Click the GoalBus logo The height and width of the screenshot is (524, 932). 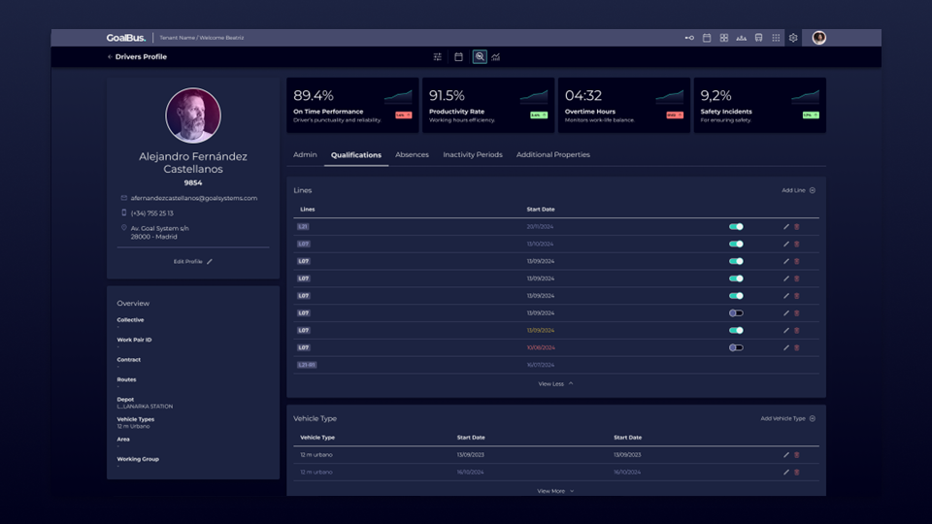click(126, 38)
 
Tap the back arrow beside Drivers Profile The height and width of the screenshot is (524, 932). click(110, 57)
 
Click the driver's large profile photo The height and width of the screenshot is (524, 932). click(193, 115)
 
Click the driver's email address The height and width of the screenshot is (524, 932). click(194, 198)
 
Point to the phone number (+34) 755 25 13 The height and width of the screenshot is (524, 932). click(152, 213)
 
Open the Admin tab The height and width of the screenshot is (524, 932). click(305, 154)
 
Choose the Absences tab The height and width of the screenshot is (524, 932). click(412, 154)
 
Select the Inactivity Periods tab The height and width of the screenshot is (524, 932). click(473, 154)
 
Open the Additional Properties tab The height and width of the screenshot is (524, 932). click(552, 154)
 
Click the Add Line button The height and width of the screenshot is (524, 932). click(798, 190)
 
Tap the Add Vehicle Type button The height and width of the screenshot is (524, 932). click(787, 418)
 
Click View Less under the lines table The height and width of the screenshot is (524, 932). click(555, 383)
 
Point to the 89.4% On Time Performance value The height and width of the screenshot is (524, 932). click(314, 96)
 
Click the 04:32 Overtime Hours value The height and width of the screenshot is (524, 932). click(583, 96)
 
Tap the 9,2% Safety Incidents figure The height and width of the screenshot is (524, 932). click(716, 96)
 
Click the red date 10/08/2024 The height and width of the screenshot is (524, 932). click(541, 347)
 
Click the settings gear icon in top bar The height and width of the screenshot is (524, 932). click(793, 38)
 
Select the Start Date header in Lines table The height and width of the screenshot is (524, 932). click(541, 209)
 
